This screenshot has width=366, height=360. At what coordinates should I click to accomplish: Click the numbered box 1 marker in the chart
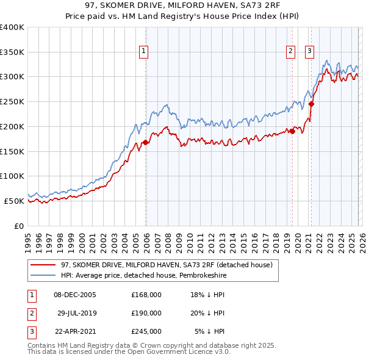(145, 51)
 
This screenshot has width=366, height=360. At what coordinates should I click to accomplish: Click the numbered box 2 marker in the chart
(291, 51)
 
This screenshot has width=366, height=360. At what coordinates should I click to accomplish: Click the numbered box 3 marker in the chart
(310, 51)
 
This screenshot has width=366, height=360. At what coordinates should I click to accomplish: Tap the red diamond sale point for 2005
(145, 143)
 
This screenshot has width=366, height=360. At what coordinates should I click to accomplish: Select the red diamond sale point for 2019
(292, 131)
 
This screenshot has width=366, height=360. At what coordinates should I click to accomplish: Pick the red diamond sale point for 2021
(311, 104)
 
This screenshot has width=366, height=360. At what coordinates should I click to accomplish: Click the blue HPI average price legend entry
(151, 275)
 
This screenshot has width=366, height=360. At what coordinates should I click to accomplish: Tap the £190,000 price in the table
(146, 313)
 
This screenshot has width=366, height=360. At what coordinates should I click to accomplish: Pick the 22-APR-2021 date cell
(76, 332)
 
